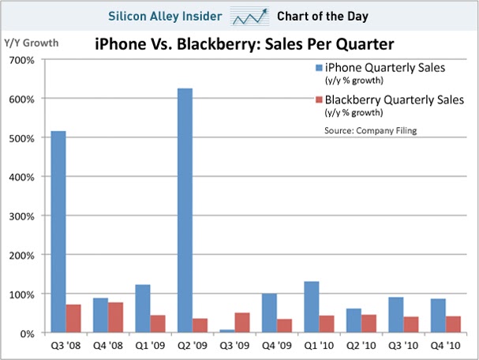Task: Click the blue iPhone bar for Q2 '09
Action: click(x=186, y=210)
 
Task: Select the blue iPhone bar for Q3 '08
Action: click(x=58, y=232)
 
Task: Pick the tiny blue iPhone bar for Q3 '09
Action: click(x=228, y=332)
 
